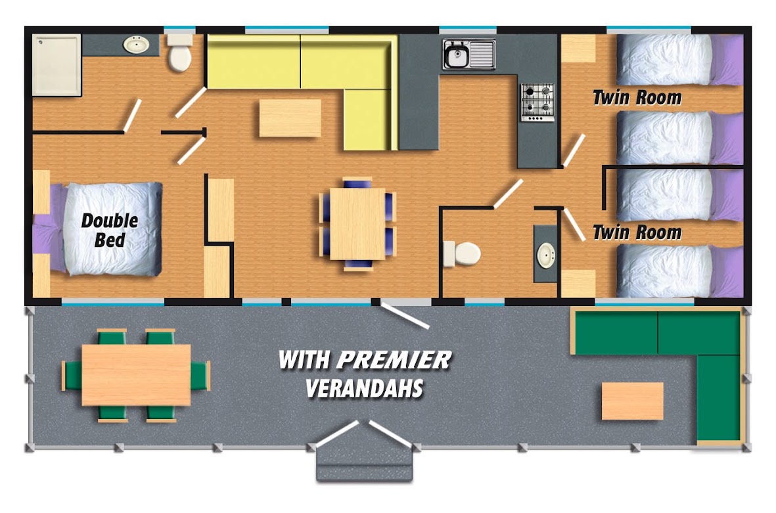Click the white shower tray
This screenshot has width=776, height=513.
(57, 65)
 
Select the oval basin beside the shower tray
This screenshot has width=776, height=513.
(136, 45)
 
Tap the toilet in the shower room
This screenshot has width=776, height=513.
(179, 53)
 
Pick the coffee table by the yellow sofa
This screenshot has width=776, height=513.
(290, 118)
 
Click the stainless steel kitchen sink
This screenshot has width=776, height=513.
(469, 55)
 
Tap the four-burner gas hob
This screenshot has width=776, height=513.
(537, 102)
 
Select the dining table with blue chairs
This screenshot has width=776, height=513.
(357, 223)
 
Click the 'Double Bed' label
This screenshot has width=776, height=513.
(109, 230)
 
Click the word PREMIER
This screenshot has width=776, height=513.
(394, 360)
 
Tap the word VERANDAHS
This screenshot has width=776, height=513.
(364, 388)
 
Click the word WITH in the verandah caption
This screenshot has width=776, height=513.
(304, 360)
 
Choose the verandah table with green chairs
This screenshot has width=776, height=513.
(136, 375)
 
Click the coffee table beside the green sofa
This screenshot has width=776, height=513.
(633, 401)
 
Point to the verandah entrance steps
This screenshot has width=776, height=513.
(364, 464)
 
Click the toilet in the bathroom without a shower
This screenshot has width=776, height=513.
(462, 254)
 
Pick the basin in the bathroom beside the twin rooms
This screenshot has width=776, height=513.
(547, 256)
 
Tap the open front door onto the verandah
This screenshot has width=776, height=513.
(404, 317)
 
